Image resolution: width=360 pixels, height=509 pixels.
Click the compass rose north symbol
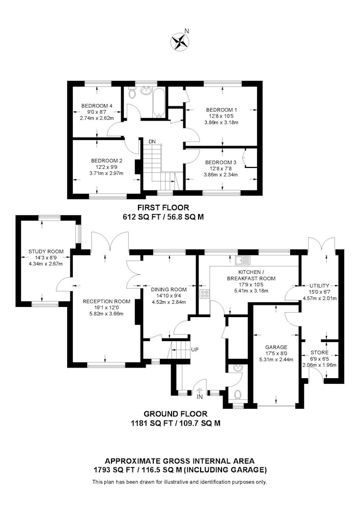coord(180,42)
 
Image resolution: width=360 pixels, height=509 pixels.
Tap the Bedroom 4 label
coord(97,106)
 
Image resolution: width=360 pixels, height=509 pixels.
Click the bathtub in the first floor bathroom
coord(159,103)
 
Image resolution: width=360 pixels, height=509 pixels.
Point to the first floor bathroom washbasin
coord(145,91)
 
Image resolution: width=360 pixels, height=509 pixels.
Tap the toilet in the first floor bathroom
coord(131,93)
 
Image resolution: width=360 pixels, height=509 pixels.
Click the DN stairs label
coord(152,142)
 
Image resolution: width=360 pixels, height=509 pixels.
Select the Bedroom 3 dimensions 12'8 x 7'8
coord(221,168)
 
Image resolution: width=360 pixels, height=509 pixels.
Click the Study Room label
coord(46,251)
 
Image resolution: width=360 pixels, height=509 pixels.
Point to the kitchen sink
coord(243,260)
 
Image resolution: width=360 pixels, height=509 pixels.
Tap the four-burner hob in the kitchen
coord(205,294)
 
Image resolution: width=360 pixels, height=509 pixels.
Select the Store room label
coord(319,353)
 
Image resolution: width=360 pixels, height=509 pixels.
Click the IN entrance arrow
coord(199,392)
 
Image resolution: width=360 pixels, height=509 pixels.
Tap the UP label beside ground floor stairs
coord(195,350)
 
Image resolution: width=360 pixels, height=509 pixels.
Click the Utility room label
coord(319,286)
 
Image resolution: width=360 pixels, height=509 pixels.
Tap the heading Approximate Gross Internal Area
coord(180,461)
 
